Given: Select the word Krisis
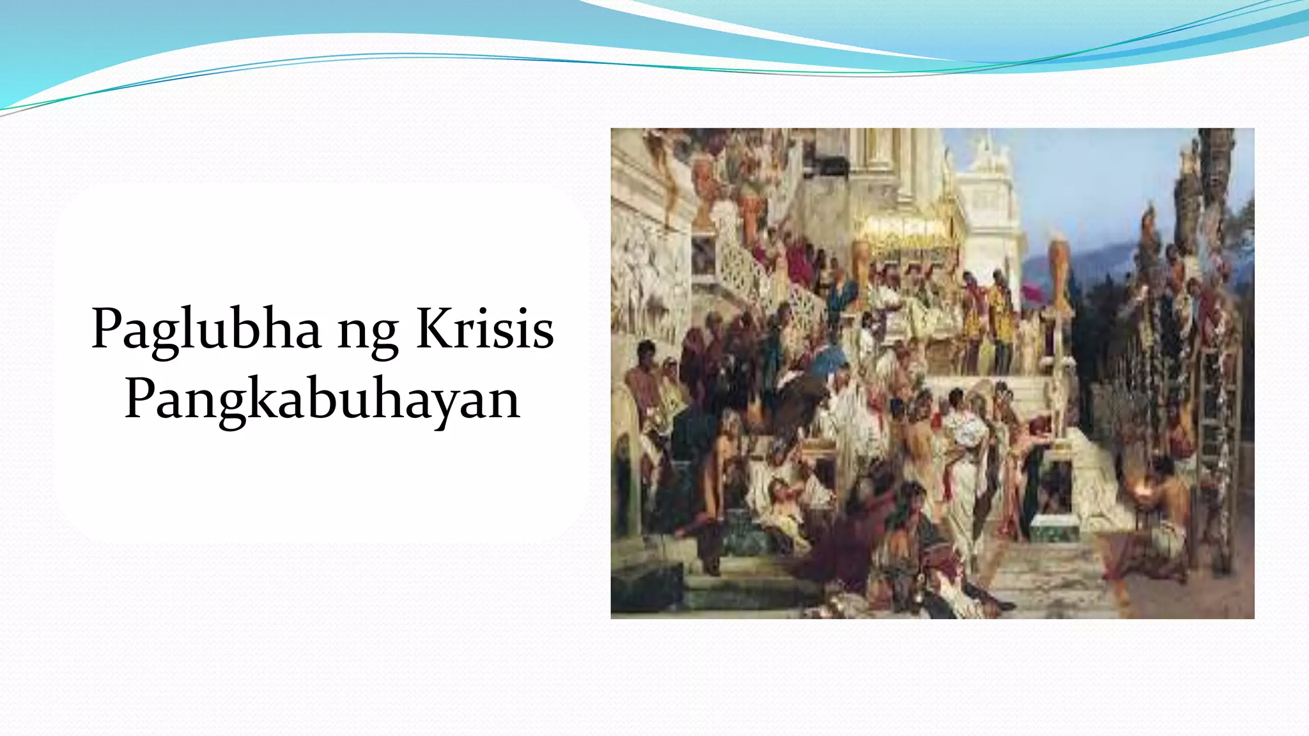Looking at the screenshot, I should pyautogui.click(x=484, y=330).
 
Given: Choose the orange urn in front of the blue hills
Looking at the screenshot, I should pyautogui.click(x=1058, y=268).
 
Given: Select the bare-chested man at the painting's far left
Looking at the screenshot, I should pyautogui.click(x=643, y=383).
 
